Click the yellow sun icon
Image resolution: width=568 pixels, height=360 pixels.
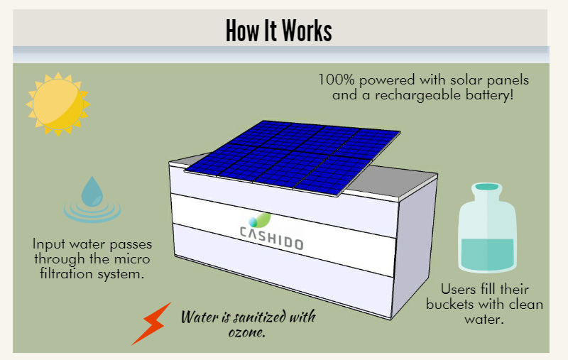click(58, 104)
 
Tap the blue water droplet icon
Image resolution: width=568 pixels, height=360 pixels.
click(92, 192)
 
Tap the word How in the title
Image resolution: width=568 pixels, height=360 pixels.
click(241, 31)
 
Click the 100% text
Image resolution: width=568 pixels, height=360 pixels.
click(336, 79)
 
